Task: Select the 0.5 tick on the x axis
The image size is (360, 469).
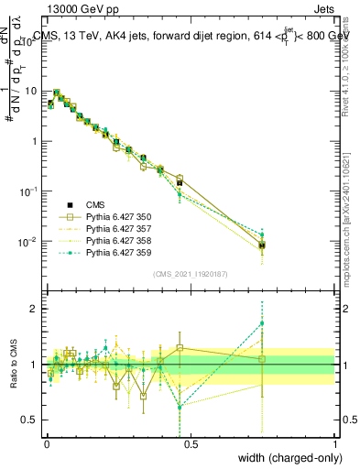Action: coord(191,442)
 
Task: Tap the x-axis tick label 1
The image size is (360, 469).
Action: coord(335,442)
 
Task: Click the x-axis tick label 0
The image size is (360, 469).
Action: coord(46,442)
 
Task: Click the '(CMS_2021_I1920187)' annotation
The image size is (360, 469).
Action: coord(191,274)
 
